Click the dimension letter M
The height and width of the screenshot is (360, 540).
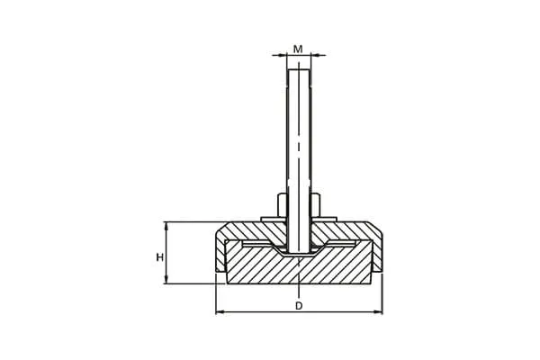point(298,49)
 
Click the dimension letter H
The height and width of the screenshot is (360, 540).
point(160,257)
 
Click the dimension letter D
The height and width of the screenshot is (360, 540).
point(299,306)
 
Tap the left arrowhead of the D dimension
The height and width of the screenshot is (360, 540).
point(220,312)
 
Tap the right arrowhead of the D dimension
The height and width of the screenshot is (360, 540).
point(379,312)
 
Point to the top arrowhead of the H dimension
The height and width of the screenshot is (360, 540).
point(166,226)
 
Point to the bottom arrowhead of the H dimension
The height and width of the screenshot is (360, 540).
point(166,280)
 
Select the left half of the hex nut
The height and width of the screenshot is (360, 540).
point(282,205)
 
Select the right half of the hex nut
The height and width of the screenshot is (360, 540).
point(316,205)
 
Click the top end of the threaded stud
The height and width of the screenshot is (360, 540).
point(299,70)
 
